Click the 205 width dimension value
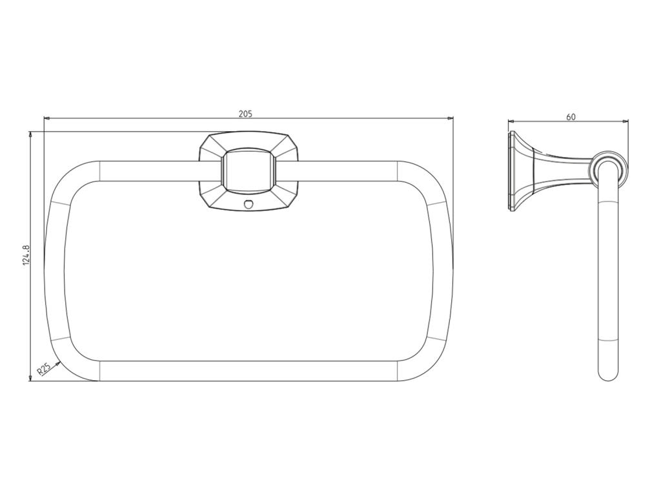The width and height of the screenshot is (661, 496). tap(245, 114)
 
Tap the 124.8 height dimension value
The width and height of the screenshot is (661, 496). tap(26, 254)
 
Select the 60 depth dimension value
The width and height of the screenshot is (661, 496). tap(571, 117)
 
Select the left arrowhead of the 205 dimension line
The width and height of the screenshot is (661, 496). tap(46, 119)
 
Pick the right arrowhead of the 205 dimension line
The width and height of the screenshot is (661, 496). tap(450, 119)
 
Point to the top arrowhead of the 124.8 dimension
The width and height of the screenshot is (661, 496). tap(30, 134)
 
